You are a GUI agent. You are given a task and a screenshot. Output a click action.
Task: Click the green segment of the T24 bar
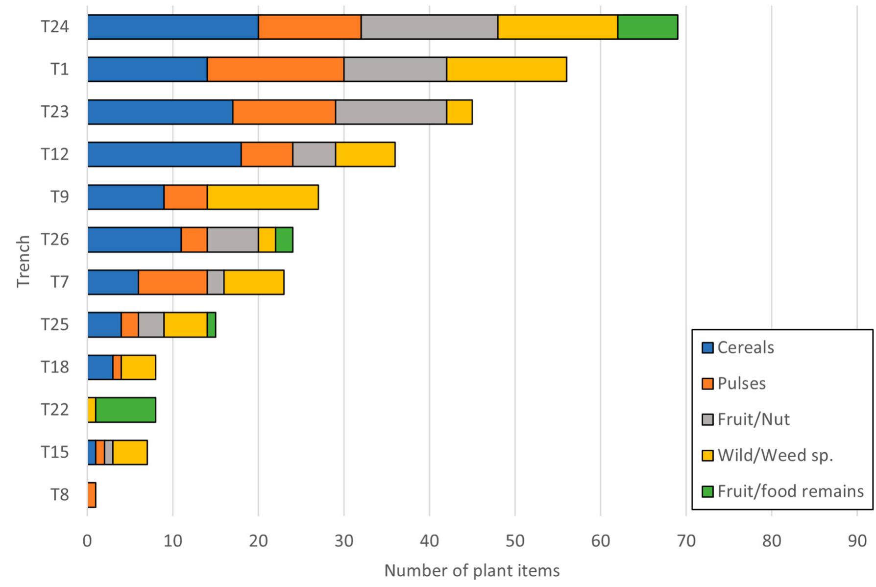point(647,27)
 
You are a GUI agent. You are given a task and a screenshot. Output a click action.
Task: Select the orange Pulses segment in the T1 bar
point(275,69)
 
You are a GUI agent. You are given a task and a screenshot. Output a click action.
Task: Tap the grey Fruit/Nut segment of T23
point(391,112)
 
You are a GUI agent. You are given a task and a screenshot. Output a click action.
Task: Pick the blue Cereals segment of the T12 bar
point(164,154)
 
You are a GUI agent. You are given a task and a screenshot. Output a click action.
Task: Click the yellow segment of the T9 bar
point(263,197)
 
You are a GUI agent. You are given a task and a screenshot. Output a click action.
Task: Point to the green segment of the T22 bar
point(125,410)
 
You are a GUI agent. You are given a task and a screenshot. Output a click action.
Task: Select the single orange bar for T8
point(92,495)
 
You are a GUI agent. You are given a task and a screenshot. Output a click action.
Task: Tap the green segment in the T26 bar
point(284,240)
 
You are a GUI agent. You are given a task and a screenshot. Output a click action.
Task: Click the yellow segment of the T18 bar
point(138,367)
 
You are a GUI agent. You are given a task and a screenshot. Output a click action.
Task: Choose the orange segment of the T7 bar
point(172,282)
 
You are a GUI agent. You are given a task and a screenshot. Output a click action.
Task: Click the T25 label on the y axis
point(54,324)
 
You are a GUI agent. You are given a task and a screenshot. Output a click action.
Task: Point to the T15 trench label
point(54,452)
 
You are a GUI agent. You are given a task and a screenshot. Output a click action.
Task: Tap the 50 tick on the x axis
point(515,541)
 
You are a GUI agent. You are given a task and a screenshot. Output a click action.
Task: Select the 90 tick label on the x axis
point(857,541)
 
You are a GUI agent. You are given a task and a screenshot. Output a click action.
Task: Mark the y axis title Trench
point(23,261)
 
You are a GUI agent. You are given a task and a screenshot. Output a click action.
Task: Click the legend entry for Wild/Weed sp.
point(775,455)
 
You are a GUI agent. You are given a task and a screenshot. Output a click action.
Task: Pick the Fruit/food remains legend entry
point(790,491)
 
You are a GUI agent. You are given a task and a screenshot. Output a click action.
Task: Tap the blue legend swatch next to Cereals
point(707,348)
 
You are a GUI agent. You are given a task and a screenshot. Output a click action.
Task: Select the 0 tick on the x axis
point(87,541)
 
